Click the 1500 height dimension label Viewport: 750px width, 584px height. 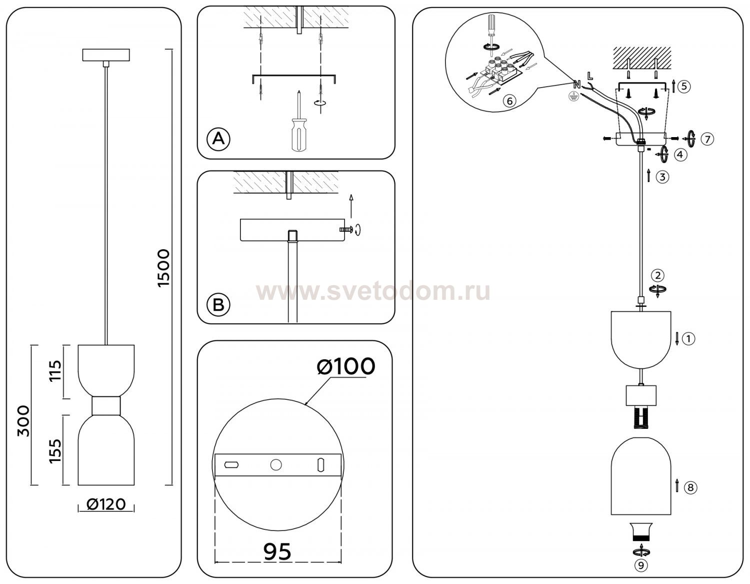[164, 268]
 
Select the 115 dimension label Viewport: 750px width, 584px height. [55, 371]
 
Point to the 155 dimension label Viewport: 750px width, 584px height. [55, 450]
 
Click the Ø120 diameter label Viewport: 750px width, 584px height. [106, 504]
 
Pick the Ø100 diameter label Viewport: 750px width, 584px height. [346, 367]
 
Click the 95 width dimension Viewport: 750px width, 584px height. [277, 551]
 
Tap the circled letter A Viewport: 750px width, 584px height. [218, 138]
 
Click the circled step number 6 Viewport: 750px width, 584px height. [509, 101]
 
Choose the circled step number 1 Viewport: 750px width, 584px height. [688, 339]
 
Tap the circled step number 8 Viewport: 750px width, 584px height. [690, 487]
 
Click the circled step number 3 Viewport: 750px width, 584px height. [662, 177]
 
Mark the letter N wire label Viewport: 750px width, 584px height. [576, 84]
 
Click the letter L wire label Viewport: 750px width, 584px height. [590, 76]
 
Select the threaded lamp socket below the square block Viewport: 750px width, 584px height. [640, 417]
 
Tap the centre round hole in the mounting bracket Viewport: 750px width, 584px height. [275, 465]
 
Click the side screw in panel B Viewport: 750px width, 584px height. [346, 229]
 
